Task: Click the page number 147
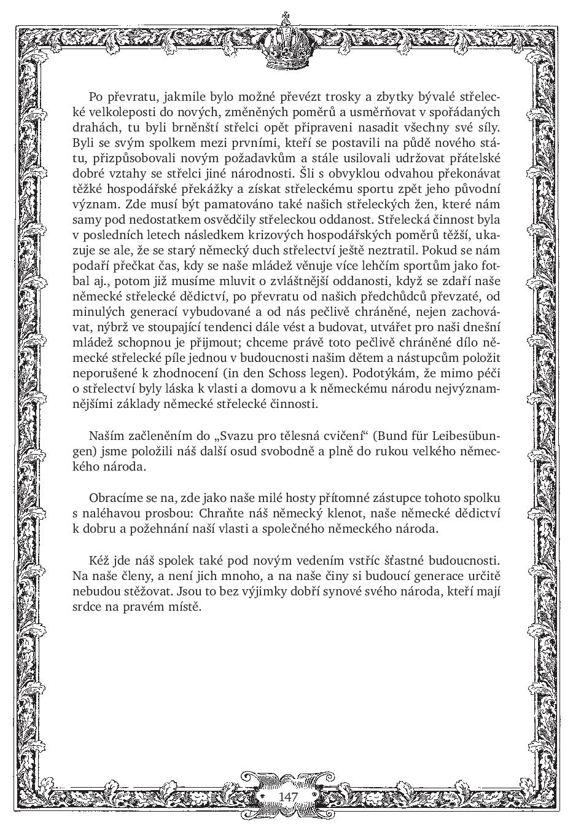point(287,796)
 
